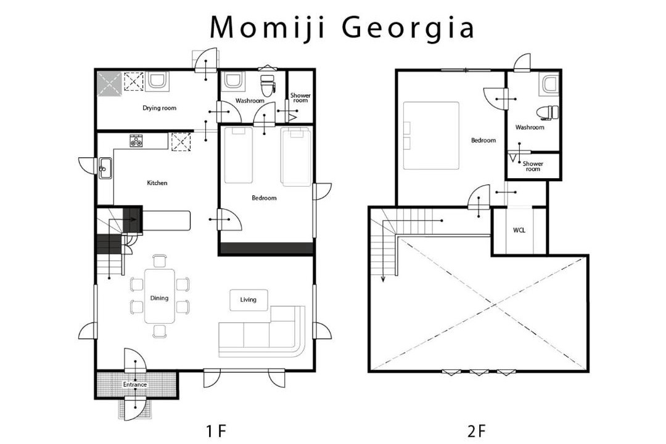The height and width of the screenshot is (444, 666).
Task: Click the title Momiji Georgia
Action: [342, 27]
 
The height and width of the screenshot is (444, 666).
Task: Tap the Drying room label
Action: [159, 108]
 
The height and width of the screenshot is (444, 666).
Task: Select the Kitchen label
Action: [157, 183]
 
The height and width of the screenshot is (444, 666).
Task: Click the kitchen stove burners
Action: [136, 141]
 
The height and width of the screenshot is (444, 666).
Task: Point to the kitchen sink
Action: [105, 168]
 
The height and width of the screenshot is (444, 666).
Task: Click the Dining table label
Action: [159, 298]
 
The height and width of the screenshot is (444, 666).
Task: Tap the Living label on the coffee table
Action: [248, 300]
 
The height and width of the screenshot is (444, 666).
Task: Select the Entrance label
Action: [135, 385]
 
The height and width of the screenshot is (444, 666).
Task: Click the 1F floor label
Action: [215, 431]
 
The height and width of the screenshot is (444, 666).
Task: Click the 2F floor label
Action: [476, 431]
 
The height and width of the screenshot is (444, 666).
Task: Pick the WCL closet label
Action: [519, 230]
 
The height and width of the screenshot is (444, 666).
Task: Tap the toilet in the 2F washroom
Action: [548, 113]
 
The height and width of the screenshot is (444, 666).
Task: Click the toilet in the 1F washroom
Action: [268, 86]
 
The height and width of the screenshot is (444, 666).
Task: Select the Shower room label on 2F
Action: [533, 166]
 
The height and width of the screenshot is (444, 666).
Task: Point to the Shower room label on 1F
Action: [300, 97]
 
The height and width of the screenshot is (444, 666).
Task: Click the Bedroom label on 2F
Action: [483, 140]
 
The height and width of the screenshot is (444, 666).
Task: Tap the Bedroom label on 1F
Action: [264, 197]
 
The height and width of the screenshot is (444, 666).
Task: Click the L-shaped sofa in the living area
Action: [262, 331]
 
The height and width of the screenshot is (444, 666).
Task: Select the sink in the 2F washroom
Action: [549, 84]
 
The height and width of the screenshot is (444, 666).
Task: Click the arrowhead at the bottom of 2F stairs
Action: [383, 279]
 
